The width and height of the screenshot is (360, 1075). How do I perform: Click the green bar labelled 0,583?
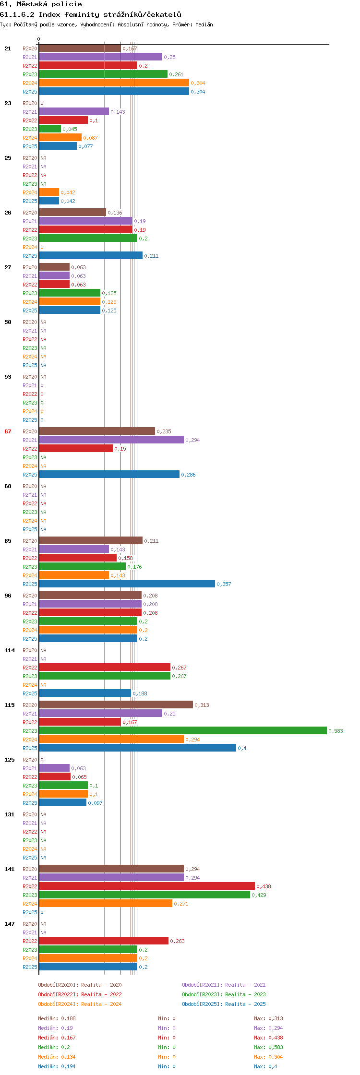point(183,730)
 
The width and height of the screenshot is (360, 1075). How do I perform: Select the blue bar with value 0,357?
point(127,584)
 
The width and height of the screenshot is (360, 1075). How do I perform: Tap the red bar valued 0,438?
point(147,886)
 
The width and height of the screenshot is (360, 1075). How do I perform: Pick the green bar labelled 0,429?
point(144,895)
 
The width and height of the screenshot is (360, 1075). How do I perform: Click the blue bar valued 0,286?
point(109,474)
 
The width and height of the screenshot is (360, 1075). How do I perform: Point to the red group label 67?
point(8,431)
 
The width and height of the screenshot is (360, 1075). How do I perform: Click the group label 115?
point(10,705)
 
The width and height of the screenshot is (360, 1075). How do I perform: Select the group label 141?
point(10,869)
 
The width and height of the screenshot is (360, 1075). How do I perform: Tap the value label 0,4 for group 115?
point(242,748)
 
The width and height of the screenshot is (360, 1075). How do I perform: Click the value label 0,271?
point(181,904)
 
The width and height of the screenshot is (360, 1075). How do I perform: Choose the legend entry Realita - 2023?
point(245,994)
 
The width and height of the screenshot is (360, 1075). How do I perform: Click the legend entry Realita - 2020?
point(101,985)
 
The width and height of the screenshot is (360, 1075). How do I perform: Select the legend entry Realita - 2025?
point(245,1004)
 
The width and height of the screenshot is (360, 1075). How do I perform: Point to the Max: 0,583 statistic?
point(268,1047)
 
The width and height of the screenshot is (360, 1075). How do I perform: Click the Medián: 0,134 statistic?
point(57,1057)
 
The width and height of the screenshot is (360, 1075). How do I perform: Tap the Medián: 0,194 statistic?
point(57,1066)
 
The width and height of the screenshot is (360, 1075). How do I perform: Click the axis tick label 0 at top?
point(39,39)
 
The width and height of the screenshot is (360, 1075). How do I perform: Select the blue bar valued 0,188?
point(85,693)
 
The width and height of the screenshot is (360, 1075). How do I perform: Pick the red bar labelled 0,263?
point(104,941)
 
